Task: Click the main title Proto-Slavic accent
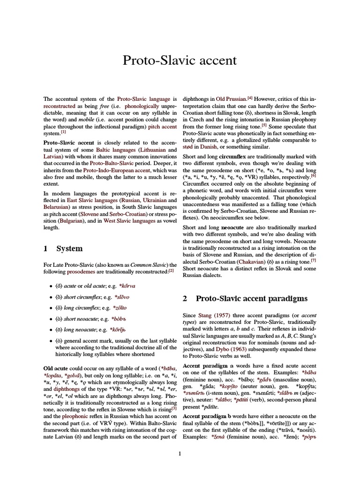click(180, 60)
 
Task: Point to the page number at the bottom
click(180, 453)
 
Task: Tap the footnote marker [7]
click(314, 260)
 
